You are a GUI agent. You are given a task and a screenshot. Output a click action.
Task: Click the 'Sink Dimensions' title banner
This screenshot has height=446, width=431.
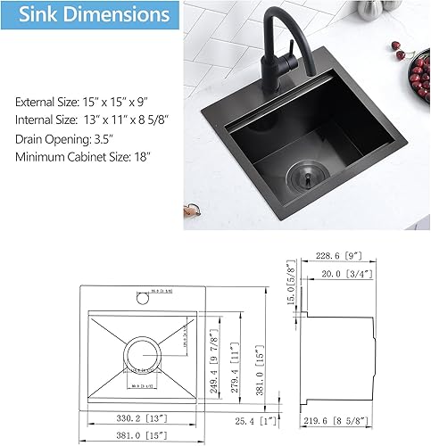pyautogui.click(x=88, y=16)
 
